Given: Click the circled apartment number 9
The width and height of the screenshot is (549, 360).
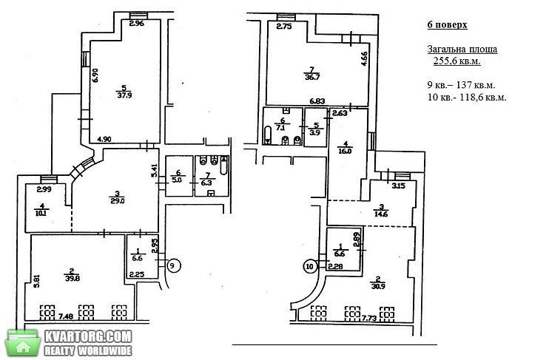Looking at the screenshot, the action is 172,265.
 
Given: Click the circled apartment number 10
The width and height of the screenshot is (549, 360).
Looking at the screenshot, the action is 310,267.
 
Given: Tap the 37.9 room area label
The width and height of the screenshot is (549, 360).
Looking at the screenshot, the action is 124,95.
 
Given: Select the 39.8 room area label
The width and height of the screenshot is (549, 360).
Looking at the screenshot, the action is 72,277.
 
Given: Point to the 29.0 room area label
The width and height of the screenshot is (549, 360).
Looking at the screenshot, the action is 118,201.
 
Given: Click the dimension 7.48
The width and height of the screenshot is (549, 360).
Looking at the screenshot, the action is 65,316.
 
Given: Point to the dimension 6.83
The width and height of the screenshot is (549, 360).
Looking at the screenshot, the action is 317,101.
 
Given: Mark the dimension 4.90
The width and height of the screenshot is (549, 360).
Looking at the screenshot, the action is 104,139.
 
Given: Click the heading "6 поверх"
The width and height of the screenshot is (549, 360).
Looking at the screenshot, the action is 447,25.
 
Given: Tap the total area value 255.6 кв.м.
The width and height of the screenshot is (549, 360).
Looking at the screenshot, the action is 457,61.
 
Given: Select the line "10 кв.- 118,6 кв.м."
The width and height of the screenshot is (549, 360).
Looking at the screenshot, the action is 467,98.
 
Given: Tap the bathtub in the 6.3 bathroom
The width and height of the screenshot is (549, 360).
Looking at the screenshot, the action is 223,166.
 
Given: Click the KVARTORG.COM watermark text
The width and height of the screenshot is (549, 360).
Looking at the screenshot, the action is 88,336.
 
